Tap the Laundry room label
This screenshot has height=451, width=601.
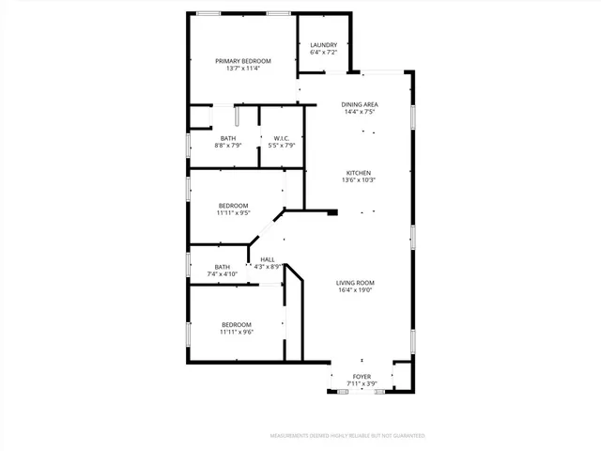coord(323,45)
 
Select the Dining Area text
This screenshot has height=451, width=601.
coord(360,104)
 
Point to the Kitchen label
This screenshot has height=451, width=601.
coord(360,173)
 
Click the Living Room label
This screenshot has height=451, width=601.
coord(356,283)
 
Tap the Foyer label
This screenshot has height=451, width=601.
coord(362,377)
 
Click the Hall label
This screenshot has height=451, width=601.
coord(268,259)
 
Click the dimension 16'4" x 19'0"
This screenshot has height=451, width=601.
coord(356,290)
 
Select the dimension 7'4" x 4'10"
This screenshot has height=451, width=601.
coord(223,274)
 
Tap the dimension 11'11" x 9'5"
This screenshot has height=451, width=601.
coord(234,213)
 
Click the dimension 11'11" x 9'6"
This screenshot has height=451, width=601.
coord(237,332)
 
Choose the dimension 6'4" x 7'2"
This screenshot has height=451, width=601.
coord(323,53)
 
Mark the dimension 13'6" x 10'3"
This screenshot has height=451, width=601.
coord(360,180)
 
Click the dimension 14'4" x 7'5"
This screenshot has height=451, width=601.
coord(360,112)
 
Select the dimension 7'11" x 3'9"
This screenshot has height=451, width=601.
coord(362,384)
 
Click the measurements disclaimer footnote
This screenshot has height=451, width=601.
coord(347,436)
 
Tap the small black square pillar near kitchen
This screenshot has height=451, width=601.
coord(331,213)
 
